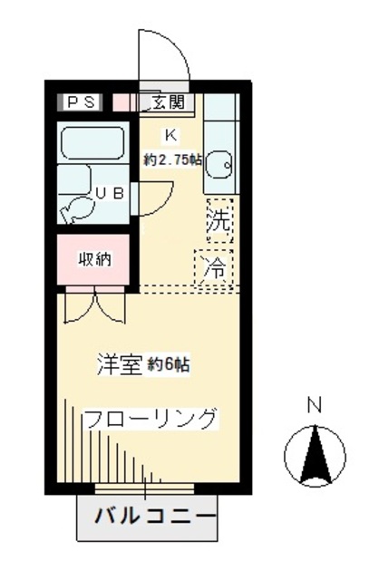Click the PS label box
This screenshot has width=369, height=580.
83,101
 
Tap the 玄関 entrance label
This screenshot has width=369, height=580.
167,101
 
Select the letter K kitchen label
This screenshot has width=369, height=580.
169,136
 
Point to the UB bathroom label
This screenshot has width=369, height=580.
111,193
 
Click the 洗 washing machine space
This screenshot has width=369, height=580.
218,218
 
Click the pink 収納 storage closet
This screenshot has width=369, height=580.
93,260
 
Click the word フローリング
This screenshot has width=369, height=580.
151,420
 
